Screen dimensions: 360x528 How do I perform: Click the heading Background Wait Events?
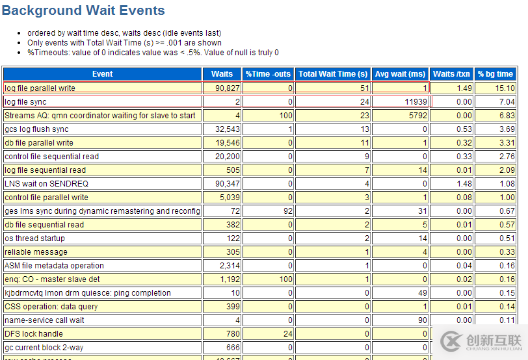83,11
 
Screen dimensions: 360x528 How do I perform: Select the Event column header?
102,74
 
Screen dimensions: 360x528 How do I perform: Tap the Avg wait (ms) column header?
399,74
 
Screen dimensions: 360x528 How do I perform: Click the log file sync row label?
26,102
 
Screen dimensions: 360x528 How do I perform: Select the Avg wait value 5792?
414,116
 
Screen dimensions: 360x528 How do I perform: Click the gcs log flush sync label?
36,129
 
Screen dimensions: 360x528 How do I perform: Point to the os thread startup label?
34,238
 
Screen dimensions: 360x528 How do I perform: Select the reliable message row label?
36,252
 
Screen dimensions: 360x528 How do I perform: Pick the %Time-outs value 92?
286,211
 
